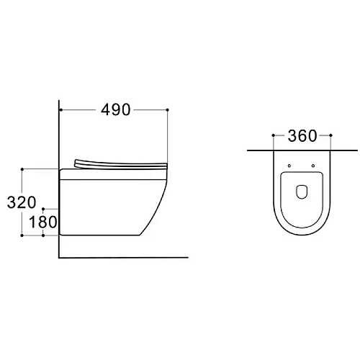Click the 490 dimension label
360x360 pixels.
[x=115, y=110]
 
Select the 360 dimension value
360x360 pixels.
[x=302, y=136]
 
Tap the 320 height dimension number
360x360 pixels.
[x=22, y=202]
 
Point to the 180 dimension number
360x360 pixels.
[x=42, y=222]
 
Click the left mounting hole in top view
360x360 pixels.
[x=289, y=166]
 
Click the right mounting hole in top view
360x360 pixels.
[x=313, y=166]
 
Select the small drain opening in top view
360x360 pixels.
[x=302, y=192]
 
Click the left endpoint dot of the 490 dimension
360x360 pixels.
[x=61, y=110]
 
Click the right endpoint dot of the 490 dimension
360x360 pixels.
[x=168, y=110]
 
